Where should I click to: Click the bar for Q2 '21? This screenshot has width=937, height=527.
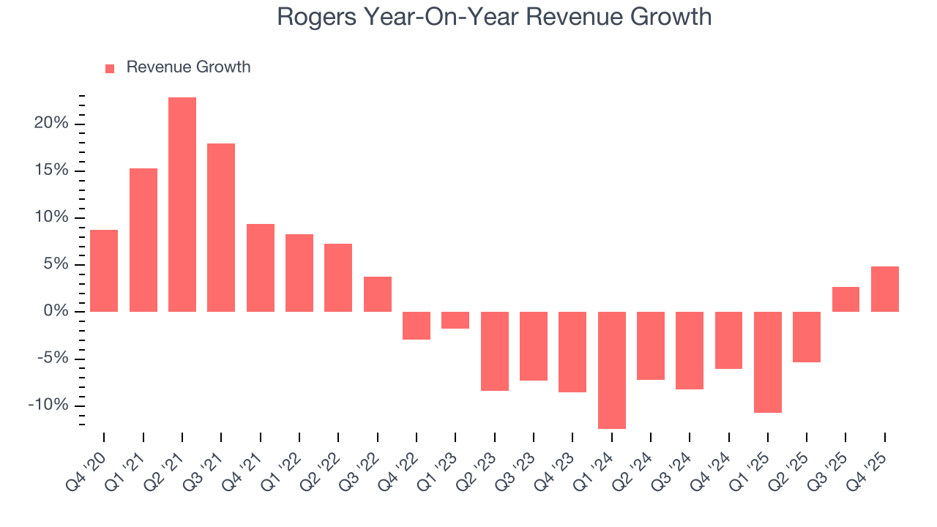(182, 204)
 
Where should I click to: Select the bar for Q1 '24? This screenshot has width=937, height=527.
(611, 370)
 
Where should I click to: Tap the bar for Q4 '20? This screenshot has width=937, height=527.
(104, 271)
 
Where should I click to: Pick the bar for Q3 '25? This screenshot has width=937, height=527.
(845, 299)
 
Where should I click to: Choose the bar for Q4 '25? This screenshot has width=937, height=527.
(884, 289)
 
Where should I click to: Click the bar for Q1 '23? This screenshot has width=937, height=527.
(455, 320)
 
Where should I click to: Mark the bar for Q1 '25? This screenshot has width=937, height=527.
(767, 362)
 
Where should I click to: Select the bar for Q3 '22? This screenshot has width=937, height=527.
(377, 294)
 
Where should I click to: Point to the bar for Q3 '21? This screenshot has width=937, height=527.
(221, 228)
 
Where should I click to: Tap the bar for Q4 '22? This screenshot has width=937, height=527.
(417, 325)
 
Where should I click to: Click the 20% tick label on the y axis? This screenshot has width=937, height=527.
(51, 124)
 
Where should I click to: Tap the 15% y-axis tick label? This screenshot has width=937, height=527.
(51, 171)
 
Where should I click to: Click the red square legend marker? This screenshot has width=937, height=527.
(110, 68)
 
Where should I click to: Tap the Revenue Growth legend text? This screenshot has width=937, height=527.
(188, 67)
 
